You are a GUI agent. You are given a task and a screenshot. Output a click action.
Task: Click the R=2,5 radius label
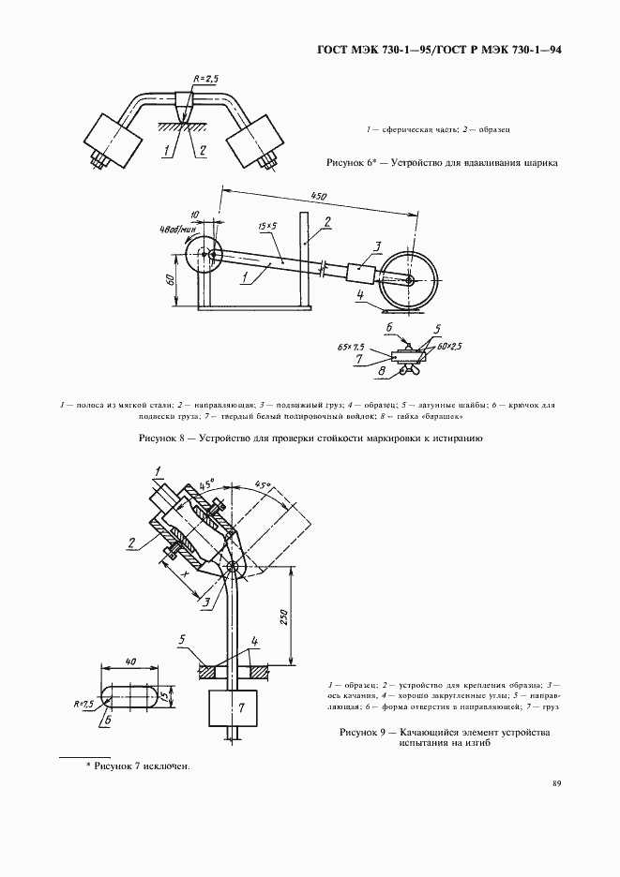click(204, 80)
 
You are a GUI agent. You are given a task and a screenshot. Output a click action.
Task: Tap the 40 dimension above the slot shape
click(129, 661)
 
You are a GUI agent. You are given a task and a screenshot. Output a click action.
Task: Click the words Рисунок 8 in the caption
click(165, 438)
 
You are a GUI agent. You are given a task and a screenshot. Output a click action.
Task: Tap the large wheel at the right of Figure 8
click(410, 279)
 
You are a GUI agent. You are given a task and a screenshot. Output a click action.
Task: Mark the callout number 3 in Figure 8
click(375, 246)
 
